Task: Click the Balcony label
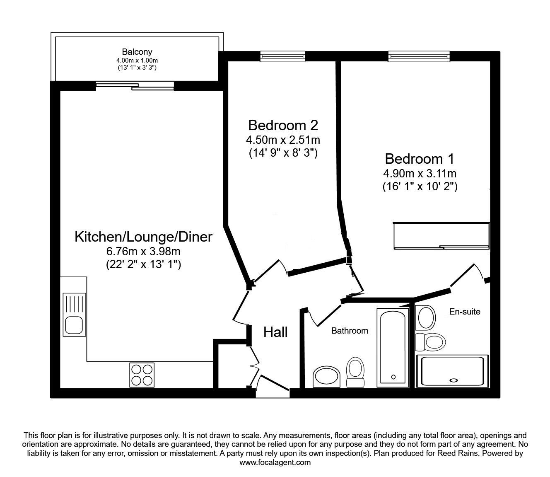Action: tap(137, 51)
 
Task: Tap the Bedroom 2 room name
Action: tap(283, 125)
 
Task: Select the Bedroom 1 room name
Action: tap(420, 159)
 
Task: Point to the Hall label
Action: tap(275, 332)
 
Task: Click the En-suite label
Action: tap(465, 312)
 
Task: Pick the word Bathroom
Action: tap(350, 331)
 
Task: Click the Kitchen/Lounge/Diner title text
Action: tap(143, 237)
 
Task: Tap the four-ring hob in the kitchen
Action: tap(142, 375)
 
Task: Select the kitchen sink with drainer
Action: tap(75, 315)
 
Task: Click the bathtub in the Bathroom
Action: tap(393, 348)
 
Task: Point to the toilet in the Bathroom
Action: tap(355, 372)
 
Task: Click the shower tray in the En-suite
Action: tap(452, 371)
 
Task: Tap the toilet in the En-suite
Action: tap(430, 342)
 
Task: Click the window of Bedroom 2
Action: tap(282, 56)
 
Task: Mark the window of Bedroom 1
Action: tap(419, 56)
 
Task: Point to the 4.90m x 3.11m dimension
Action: tap(420, 174)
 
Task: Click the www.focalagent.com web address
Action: tap(275, 462)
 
